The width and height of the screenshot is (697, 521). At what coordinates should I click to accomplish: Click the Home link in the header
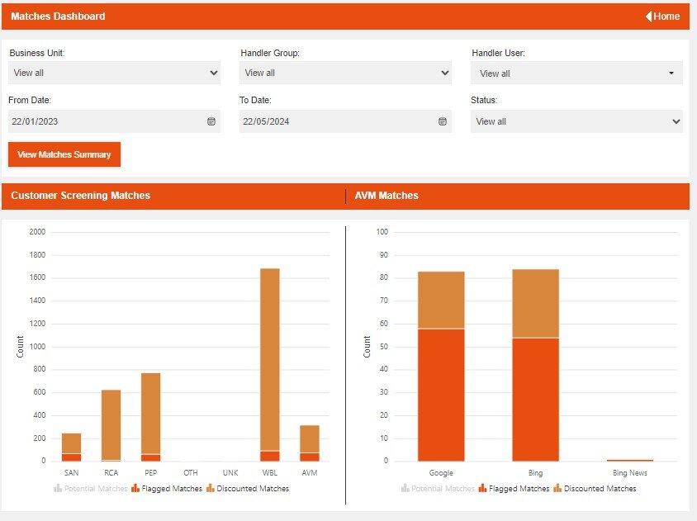point(662,17)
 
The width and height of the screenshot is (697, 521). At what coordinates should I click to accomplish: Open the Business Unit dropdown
point(114,73)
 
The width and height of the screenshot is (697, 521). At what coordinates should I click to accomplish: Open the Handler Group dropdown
point(345,73)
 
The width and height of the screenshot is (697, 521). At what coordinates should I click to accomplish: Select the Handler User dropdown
point(576,73)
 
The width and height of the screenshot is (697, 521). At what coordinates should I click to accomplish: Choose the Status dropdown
point(576,121)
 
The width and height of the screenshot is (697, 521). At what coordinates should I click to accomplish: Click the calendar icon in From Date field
point(211,121)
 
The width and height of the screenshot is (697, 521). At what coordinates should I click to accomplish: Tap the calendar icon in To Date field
point(442,121)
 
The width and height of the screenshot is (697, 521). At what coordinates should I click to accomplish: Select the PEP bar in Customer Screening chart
point(151,413)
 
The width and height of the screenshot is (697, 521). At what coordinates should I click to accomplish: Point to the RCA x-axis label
point(111,473)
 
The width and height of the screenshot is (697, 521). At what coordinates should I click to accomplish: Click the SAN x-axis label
point(71,473)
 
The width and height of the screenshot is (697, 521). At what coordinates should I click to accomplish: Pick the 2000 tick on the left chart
point(36,232)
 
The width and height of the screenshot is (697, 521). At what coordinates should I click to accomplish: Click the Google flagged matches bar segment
point(441,395)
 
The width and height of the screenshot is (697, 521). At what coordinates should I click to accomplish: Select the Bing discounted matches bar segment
point(535,303)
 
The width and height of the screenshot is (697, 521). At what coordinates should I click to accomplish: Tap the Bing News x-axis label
point(629,473)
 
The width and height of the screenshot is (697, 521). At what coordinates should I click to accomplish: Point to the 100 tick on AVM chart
point(382,232)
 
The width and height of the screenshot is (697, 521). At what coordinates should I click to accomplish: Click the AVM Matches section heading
point(386,196)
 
